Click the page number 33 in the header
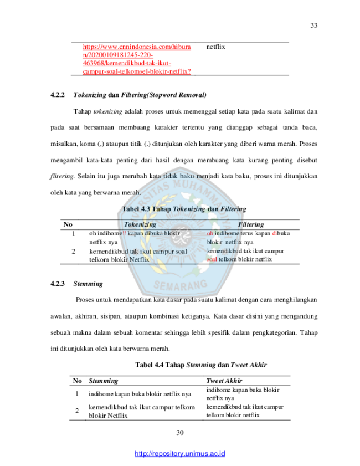(x=314, y=25)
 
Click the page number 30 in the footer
(x=180, y=433)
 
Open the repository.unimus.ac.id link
(x=180, y=454)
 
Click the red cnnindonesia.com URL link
(x=137, y=59)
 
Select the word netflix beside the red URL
(x=215, y=47)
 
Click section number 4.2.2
(x=58, y=95)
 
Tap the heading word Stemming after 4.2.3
(x=88, y=284)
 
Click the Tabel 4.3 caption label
(x=136, y=209)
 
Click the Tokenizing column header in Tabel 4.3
(x=140, y=224)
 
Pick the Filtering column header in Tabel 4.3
(x=251, y=224)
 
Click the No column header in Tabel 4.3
(x=68, y=224)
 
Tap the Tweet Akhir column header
(x=224, y=381)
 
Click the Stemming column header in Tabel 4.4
(x=104, y=381)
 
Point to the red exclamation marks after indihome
(x=124, y=234)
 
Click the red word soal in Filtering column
(x=212, y=259)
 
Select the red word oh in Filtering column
(x=210, y=234)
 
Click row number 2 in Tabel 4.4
(x=77, y=411)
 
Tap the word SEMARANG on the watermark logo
(x=181, y=285)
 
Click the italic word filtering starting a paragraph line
(x=62, y=176)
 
